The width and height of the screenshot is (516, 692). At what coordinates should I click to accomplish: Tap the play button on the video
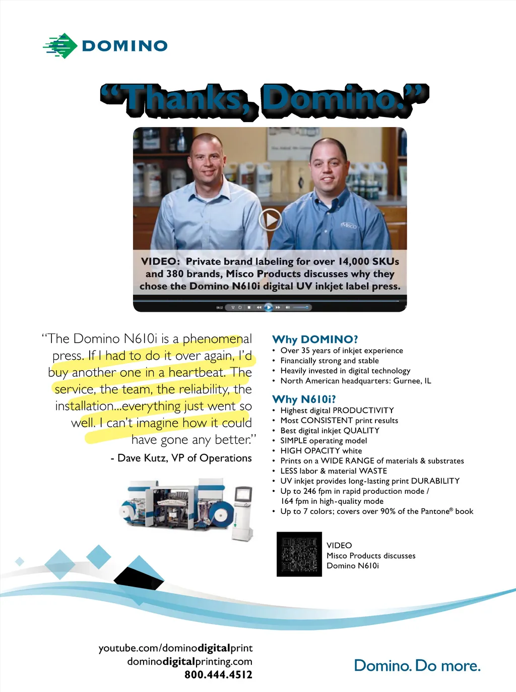pyautogui.click(x=270, y=220)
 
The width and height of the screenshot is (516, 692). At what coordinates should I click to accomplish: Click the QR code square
pyautogui.click(x=299, y=554)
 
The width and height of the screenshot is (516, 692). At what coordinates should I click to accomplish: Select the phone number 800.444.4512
pyautogui.click(x=218, y=675)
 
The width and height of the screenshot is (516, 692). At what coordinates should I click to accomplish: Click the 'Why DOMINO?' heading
pyautogui.click(x=315, y=339)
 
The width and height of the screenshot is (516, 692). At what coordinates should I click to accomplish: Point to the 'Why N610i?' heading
pyautogui.click(x=304, y=399)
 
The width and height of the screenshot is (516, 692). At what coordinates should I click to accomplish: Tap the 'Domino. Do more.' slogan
pyautogui.click(x=417, y=666)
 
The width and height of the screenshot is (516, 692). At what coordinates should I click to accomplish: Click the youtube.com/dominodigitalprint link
pyautogui.click(x=175, y=648)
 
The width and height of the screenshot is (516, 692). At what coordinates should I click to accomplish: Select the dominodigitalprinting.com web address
pyautogui.click(x=189, y=661)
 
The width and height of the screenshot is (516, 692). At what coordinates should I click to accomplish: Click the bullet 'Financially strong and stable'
pyautogui.click(x=330, y=361)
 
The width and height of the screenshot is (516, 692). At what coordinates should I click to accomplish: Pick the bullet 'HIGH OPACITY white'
pyautogui.click(x=321, y=451)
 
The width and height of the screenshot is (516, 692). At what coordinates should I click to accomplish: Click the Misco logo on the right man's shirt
pyautogui.click(x=348, y=225)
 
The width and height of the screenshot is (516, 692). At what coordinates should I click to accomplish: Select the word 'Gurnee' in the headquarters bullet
pyautogui.click(x=407, y=381)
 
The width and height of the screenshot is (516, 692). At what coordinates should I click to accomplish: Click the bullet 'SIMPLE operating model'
pyautogui.click(x=324, y=441)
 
